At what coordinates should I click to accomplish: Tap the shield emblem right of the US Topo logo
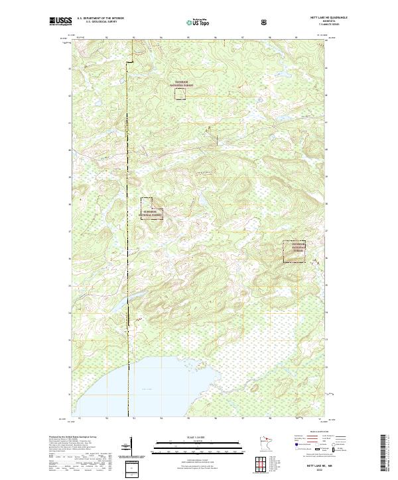[x=265, y=22]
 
